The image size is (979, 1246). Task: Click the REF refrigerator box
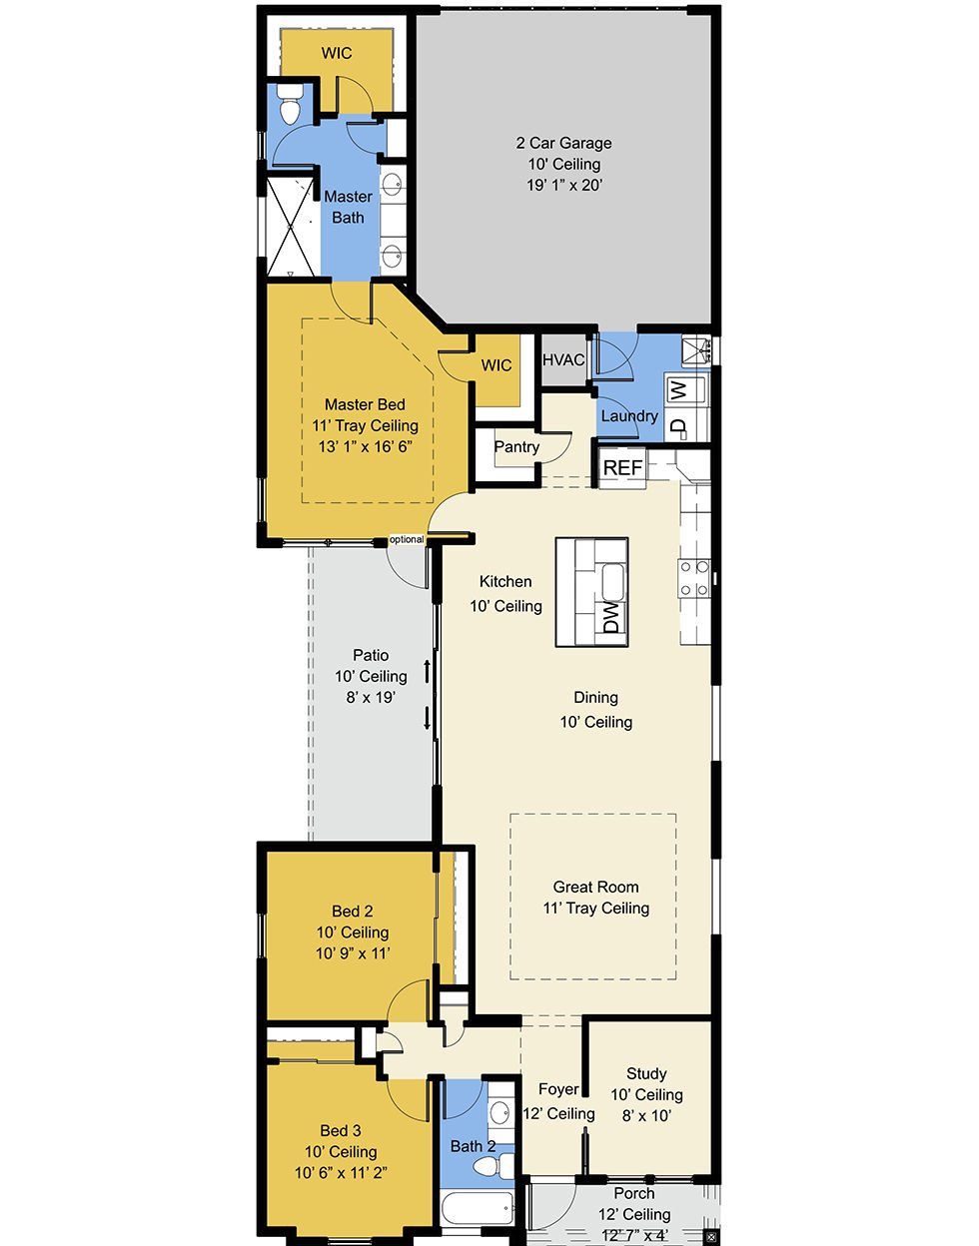pos(622,468)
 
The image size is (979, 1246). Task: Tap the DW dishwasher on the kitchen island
pos(611,616)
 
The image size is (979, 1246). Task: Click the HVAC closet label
pos(563,360)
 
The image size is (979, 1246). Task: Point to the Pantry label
pos(516,446)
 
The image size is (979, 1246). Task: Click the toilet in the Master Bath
pos(289,104)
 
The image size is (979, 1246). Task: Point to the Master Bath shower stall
pos(292,228)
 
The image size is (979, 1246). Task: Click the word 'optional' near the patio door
pos(406,539)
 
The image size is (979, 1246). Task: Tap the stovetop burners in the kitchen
pos(694,578)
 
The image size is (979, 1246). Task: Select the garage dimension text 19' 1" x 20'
pos(564,185)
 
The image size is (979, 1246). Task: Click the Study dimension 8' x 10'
pos(646,1115)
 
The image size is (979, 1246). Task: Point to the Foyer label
pos(558,1089)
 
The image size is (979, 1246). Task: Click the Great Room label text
pos(595,887)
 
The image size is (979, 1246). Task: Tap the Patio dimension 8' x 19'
pos(371,697)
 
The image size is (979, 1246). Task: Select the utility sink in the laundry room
pos(695,351)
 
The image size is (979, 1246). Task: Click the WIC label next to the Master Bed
pos(496,365)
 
